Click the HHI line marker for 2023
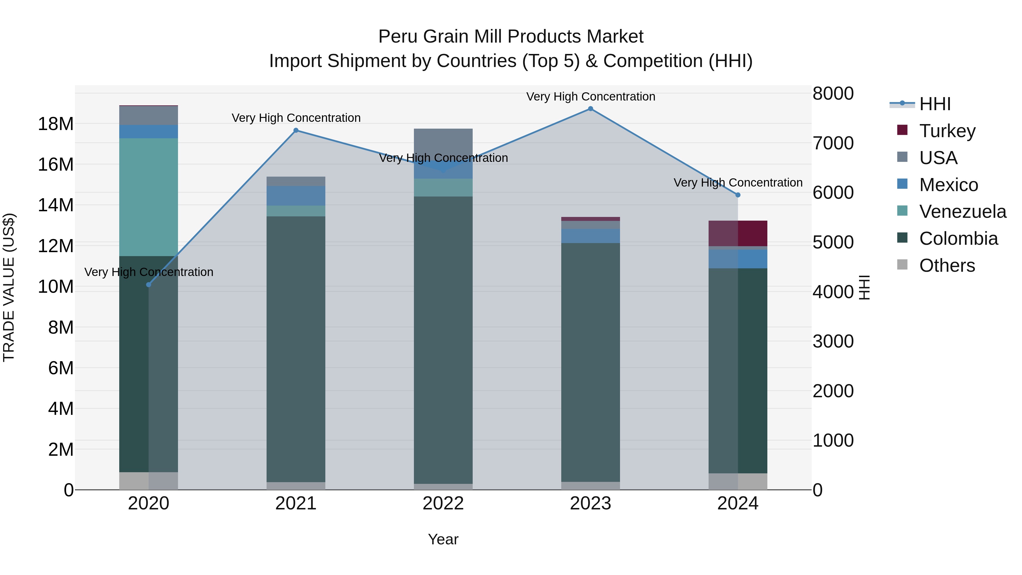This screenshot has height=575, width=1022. click(590, 109)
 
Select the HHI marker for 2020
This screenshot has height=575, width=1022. click(149, 285)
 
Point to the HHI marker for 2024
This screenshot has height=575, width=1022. click(738, 195)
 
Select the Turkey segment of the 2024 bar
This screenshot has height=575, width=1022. click(738, 233)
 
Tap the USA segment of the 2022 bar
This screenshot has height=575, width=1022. click(443, 143)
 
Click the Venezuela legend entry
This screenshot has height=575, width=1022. click(962, 212)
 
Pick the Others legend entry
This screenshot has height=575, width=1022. click(946, 265)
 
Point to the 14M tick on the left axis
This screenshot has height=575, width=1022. click(56, 205)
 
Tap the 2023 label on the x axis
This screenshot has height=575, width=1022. click(590, 503)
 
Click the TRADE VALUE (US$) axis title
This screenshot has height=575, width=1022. click(9, 287)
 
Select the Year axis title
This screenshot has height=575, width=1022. click(443, 539)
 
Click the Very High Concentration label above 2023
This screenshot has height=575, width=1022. click(590, 97)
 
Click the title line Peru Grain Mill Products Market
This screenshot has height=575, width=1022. click(511, 37)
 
